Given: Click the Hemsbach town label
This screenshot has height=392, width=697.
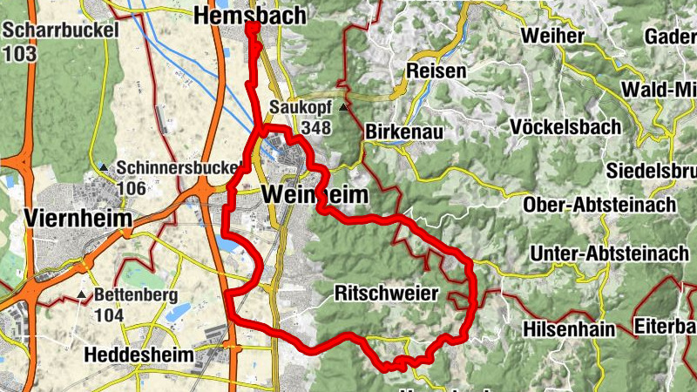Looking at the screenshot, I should pyautogui.click(x=250, y=15).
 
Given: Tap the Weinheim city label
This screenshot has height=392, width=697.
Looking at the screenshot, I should pyautogui.click(x=314, y=194).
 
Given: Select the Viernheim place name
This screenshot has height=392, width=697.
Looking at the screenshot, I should pyautogui.click(x=78, y=217).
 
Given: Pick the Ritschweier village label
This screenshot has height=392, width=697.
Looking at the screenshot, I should pyautogui.click(x=386, y=294).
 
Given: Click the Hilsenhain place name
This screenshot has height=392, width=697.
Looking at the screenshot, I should pyautogui.click(x=569, y=329).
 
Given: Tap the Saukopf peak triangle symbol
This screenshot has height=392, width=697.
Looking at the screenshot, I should pyautogui.click(x=344, y=108).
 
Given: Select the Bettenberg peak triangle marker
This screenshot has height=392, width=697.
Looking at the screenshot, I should pyautogui.click(x=83, y=295).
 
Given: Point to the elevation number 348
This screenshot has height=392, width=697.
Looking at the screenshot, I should pyautogui.click(x=315, y=127).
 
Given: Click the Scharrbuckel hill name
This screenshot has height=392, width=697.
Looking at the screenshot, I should pyautogui.click(x=50, y=30).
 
